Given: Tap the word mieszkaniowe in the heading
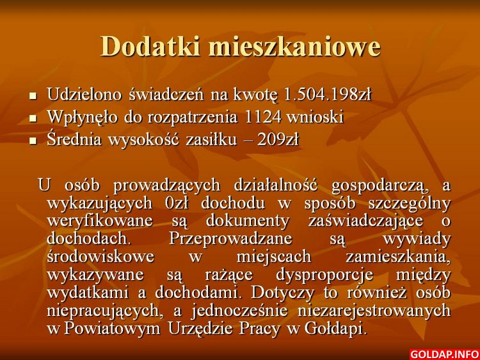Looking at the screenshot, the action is point(295,46).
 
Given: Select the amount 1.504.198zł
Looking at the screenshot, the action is point(328,95).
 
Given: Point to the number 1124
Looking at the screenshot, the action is point(263,117).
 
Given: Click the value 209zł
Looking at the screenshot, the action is point(278,140).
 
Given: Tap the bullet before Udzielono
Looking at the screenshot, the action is point(33,96).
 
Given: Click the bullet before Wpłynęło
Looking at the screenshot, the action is point(33,118).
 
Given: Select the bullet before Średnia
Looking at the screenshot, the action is point(33,141).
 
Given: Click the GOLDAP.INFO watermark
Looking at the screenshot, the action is point(444,354).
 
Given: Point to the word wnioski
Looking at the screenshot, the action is point(315,117).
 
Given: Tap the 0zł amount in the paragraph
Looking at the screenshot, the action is point(176,203).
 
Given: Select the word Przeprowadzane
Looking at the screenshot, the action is point(230,239).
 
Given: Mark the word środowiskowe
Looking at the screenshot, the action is point(100,256).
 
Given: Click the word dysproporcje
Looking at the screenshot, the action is point(324,275).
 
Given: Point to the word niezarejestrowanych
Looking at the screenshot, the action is point(374,311).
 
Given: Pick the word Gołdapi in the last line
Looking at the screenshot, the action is point(335,329).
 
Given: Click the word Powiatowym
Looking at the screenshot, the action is point(112,329).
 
